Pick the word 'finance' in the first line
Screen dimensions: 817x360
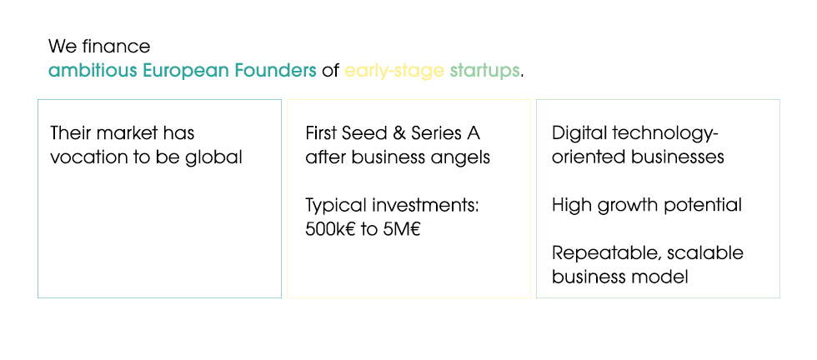click(x=116, y=47)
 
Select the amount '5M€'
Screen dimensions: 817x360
click(x=402, y=230)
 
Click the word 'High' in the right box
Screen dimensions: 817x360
click(x=572, y=205)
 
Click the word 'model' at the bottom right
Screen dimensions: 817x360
click(x=665, y=277)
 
